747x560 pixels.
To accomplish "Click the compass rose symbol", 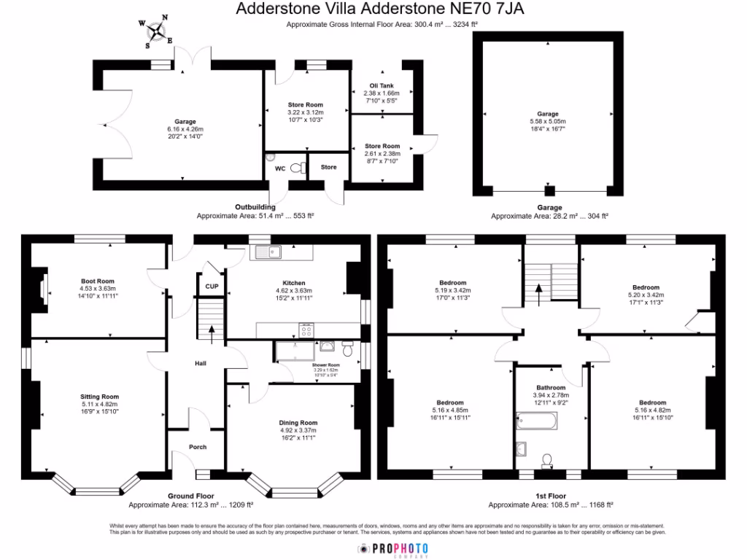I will point(156,31).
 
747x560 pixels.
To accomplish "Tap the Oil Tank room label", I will point(381,85).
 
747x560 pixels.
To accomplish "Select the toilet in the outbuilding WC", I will point(296,167).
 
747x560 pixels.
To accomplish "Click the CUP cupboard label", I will point(212,287).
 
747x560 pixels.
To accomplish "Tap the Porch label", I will point(198,447).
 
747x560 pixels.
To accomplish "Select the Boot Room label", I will point(97,281).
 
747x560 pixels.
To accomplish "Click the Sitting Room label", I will point(99,397).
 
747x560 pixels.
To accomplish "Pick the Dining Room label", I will point(298,422).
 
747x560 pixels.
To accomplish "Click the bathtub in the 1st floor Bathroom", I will point(536,420).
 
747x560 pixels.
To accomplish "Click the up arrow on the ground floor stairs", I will point(212,333).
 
